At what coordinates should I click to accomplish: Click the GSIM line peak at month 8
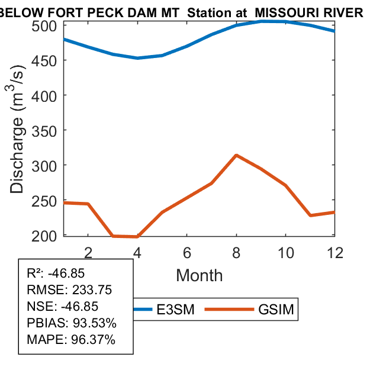[x=236, y=155]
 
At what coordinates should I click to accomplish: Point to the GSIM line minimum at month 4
[x=137, y=237]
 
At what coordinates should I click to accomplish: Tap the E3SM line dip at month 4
[x=137, y=58]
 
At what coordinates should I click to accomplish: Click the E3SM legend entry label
[x=176, y=310]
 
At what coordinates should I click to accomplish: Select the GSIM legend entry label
[x=276, y=310]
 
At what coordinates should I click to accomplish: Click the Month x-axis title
[x=200, y=275]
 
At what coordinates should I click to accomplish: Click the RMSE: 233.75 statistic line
[x=69, y=290]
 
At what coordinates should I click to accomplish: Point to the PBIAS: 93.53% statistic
[x=72, y=323]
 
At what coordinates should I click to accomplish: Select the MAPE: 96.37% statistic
[x=71, y=340]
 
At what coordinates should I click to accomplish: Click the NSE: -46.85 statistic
[x=63, y=307]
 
